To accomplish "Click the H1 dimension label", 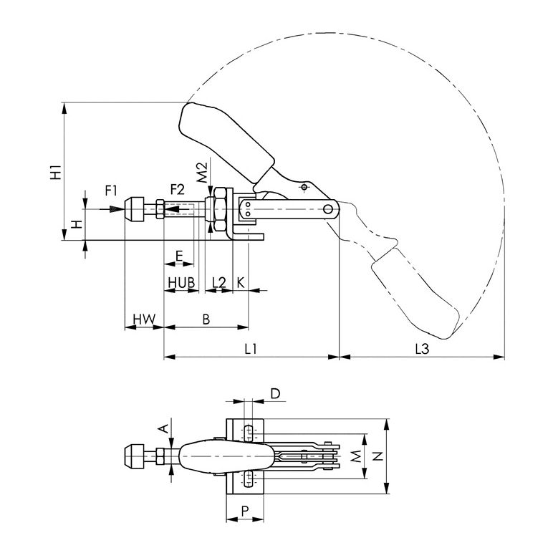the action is pyautogui.click(x=56, y=172).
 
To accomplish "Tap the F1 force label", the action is pyautogui.click(x=111, y=191).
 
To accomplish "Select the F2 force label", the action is pyautogui.click(x=178, y=190).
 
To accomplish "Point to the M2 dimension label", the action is pyautogui.click(x=202, y=173).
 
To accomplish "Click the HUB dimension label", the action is pyautogui.click(x=181, y=283).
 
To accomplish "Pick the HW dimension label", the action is pyautogui.click(x=144, y=319).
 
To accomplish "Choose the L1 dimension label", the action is pyautogui.click(x=251, y=349).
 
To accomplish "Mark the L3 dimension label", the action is pyautogui.click(x=422, y=349).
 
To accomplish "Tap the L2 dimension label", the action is pyautogui.click(x=218, y=283).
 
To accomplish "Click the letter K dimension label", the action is pyautogui.click(x=241, y=282).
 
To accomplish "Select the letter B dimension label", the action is pyautogui.click(x=206, y=319).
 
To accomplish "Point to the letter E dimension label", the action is pyautogui.click(x=179, y=256).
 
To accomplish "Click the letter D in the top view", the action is pyautogui.click(x=275, y=393).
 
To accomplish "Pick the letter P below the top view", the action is pyautogui.click(x=245, y=510).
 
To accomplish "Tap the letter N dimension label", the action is pyautogui.click(x=378, y=456).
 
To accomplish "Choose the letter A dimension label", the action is pyautogui.click(x=163, y=428).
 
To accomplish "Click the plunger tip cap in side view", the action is pyautogui.click(x=135, y=209).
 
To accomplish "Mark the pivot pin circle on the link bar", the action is pyautogui.click(x=328, y=209).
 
